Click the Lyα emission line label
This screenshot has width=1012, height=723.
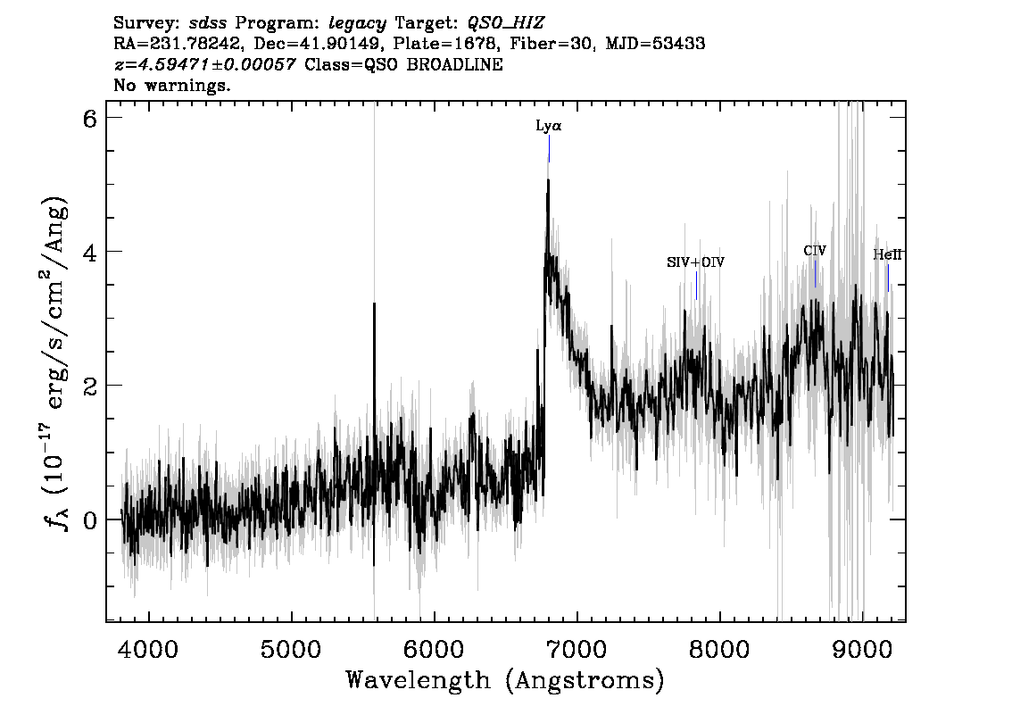pos(548,127)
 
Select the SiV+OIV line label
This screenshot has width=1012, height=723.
pos(695,262)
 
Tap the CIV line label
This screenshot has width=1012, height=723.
pos(814,251)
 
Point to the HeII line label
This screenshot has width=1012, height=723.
pos(887,254)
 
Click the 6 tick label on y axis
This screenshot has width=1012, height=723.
pos(89,119)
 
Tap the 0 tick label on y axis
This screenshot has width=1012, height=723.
pos(89,519)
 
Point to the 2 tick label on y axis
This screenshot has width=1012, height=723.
pos(89,386)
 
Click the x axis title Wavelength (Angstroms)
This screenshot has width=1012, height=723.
pos(505,681)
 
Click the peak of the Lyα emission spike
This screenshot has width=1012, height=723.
pos(548,181)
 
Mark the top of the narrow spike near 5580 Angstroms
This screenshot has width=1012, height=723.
pos(374,304)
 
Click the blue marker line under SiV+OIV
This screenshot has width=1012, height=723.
pos(696,286)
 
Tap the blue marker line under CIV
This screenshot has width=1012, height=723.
pos(815,273)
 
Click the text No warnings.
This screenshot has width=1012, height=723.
pos(172,87)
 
